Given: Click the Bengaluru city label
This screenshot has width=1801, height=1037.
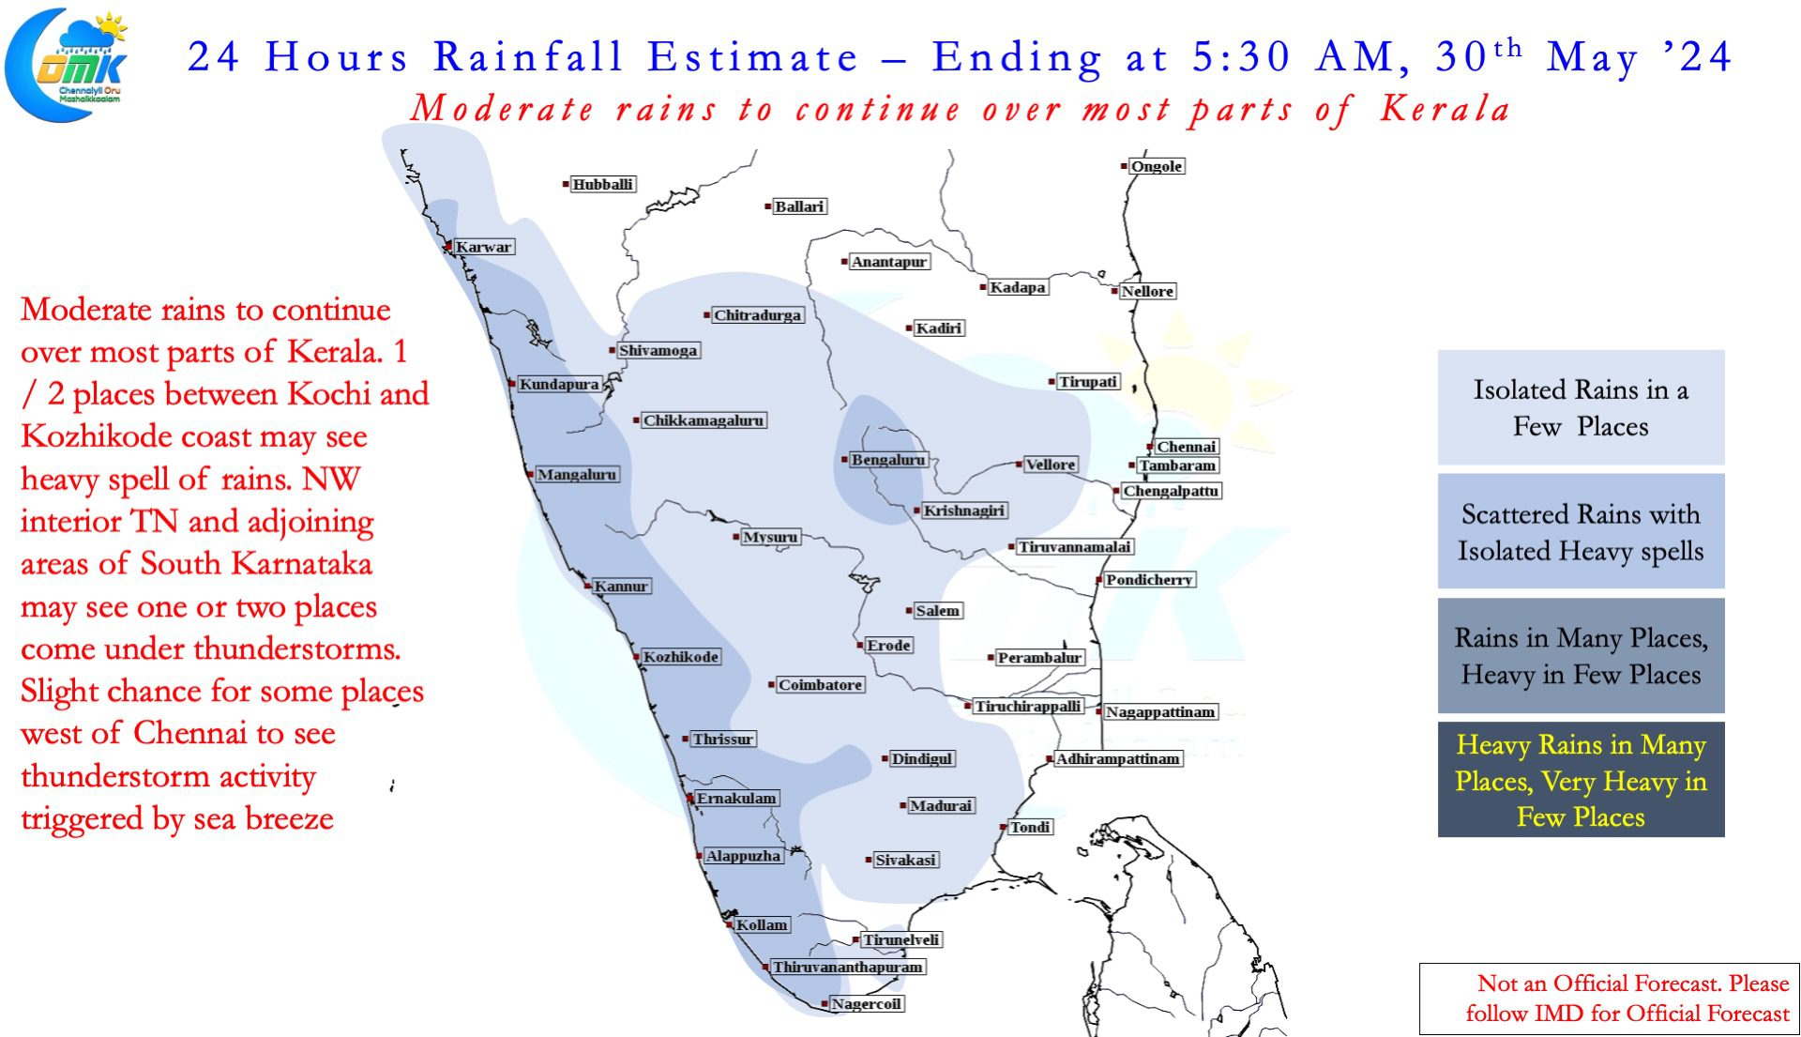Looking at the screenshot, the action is click(888, 460).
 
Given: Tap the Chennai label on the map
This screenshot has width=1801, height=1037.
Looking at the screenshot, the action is click(1187, 447).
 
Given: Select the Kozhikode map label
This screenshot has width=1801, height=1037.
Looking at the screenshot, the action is click(681, 657).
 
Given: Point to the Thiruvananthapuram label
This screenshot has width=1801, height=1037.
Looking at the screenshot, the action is click(848, 967).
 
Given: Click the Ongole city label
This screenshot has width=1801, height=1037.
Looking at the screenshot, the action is click(1157, 166).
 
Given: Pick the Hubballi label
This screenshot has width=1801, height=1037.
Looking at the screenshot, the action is click(603, 184).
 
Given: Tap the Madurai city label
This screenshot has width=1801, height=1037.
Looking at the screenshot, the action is click(942, 805).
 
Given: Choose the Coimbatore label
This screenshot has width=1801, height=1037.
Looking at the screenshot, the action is click(821, 685).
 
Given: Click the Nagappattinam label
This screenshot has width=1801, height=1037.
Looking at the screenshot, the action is click(1160, 712).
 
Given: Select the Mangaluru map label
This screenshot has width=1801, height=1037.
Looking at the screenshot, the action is click(577, 475).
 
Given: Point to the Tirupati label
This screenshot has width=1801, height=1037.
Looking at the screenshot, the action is click(1088, 382).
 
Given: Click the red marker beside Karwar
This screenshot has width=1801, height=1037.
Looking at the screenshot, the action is click(448, 247).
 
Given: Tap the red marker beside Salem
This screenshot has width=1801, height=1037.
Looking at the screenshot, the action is click(909, 611).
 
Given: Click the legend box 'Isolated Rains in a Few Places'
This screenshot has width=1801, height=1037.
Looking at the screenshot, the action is click(1581, 407).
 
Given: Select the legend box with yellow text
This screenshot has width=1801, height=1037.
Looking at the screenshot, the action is click(1581, 780).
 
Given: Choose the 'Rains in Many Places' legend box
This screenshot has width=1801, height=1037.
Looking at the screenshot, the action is click(1581, 656).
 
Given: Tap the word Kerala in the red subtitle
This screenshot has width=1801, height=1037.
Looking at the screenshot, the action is click(1445, 109).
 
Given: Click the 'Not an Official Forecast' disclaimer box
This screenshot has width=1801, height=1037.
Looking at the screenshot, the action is click(1609, 999).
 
